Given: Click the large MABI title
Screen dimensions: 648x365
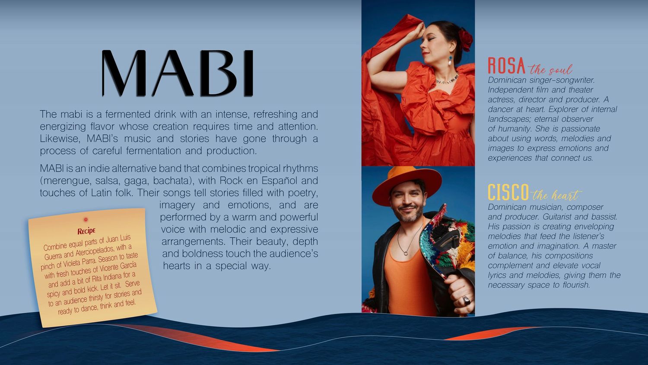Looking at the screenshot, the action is [178, 73].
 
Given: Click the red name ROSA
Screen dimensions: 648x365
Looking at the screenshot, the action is [507, 66].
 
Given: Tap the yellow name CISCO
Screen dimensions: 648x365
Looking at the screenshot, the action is [508, 192].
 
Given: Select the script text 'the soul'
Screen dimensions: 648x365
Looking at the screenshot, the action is [550, 70].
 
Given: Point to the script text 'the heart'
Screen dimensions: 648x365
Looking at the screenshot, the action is [556, 195].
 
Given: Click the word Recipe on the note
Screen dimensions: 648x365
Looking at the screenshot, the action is [86, 231].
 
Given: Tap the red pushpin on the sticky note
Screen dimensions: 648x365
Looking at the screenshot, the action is [86, 220].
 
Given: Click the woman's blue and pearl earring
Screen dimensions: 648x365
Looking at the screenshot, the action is [451, 60].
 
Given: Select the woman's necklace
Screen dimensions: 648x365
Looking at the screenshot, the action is [447, 80].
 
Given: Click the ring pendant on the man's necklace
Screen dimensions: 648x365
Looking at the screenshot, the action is [406, 253].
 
